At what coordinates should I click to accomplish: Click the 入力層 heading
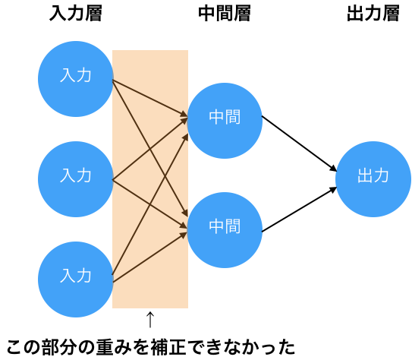(76, 14)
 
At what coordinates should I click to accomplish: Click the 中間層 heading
(225, 14)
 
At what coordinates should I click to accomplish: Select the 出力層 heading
(373, 14)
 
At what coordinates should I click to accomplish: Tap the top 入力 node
(76, 79)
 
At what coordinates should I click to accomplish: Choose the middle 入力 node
(76, 179)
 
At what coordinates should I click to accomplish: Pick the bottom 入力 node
(76, 279)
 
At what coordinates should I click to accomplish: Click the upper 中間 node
(225, 121)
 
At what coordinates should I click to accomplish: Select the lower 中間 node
(225, 230)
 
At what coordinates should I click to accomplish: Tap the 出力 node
(373, 179)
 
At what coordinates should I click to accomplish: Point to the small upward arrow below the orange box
(150, 320)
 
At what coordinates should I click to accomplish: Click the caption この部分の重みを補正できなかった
(150, 347)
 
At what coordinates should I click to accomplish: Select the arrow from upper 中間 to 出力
(299, 144)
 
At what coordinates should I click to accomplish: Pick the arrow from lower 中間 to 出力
(299, 210)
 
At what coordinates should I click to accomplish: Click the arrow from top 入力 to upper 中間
(150, 98)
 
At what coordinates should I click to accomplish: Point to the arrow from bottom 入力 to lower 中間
(150, 257)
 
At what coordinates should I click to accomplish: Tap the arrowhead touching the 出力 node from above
(334, 169)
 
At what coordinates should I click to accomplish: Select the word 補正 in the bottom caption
(168, 347)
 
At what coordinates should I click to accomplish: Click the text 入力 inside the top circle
(76, 75)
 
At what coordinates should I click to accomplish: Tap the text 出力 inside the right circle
(373, 175)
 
